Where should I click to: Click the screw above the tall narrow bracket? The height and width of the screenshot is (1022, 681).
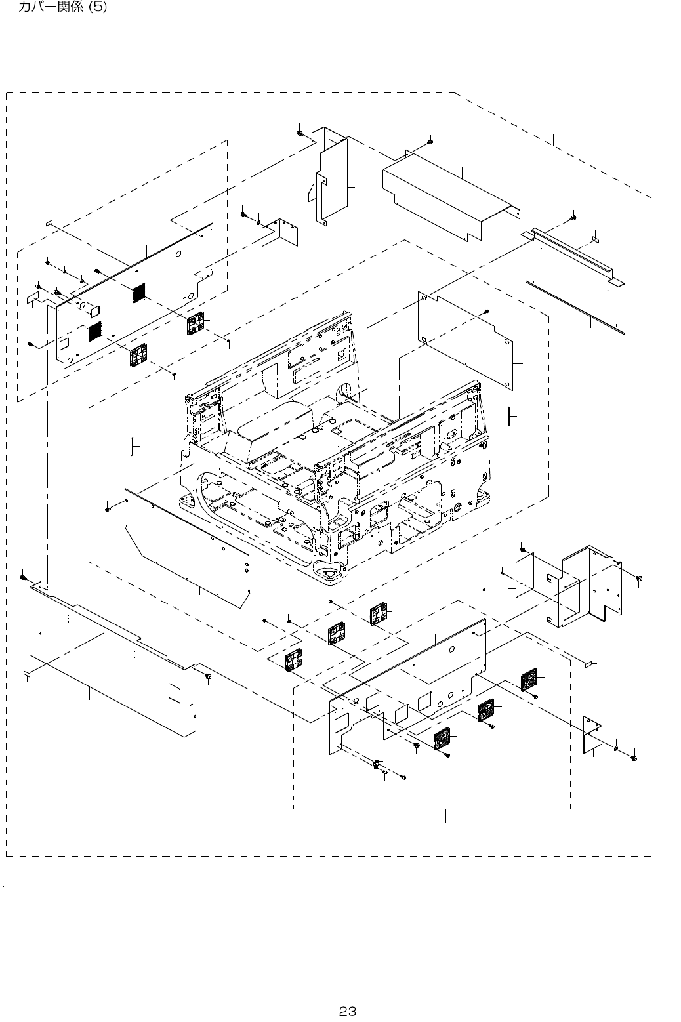click(x=299, y=134)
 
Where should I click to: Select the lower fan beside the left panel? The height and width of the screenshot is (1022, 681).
click(x=139, y=356)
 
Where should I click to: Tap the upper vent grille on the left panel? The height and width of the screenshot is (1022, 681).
click(x=137, y=293)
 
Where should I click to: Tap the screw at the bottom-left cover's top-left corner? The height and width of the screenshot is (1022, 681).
click(x=24, y=577)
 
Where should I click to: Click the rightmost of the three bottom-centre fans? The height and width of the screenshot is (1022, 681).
click(x=379, y=615)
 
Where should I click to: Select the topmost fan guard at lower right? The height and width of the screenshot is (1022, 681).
click(x=529, y=680)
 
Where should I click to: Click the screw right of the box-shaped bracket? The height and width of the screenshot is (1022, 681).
click(x=639, y=578)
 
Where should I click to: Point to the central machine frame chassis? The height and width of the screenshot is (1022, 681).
click(x=335, y=453)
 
